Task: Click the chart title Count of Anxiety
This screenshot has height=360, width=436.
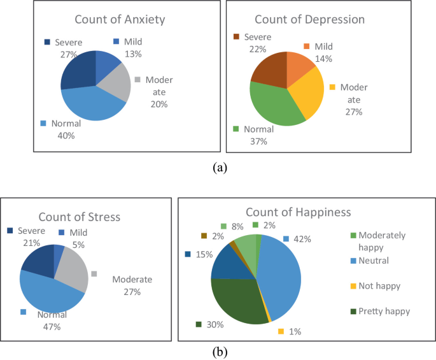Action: [x=120, y=19]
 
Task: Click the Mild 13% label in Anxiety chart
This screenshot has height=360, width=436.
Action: [x=130, y=48]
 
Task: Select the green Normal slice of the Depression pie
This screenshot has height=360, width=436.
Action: [x=270, y=104]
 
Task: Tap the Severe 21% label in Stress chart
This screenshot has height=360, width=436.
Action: [x=29, y=236]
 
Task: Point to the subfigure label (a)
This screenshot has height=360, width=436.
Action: [x=218, y=168]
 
